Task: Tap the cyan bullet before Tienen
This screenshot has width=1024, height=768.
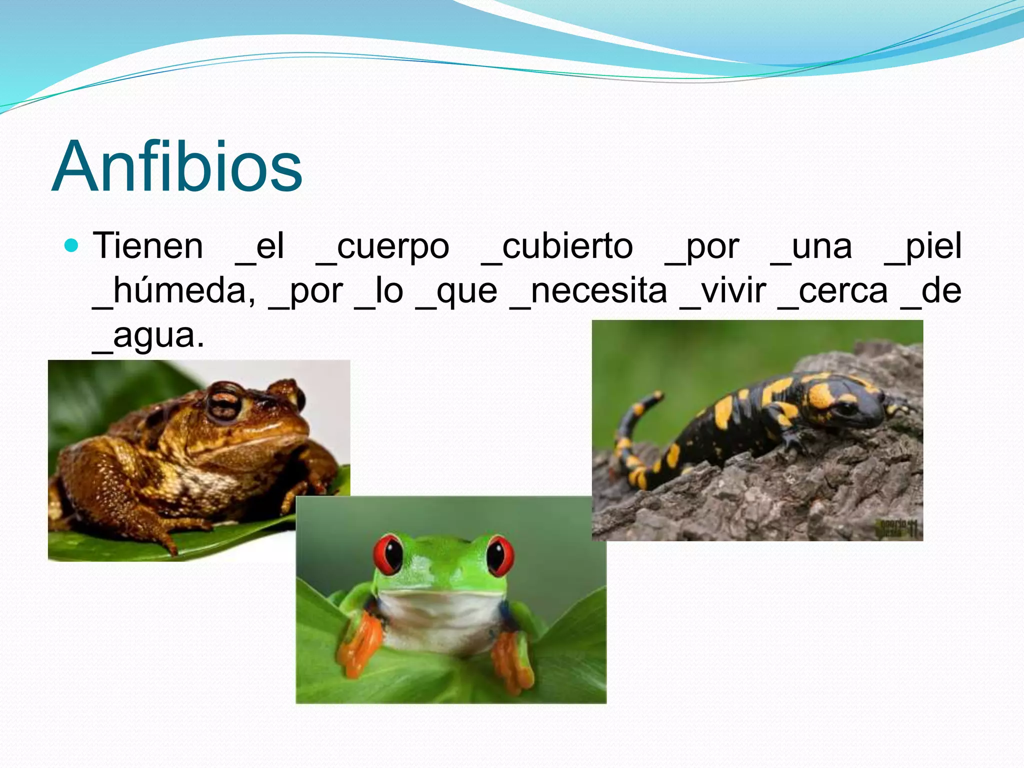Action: coord(72,245)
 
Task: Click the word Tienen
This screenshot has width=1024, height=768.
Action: coord(148,246)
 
